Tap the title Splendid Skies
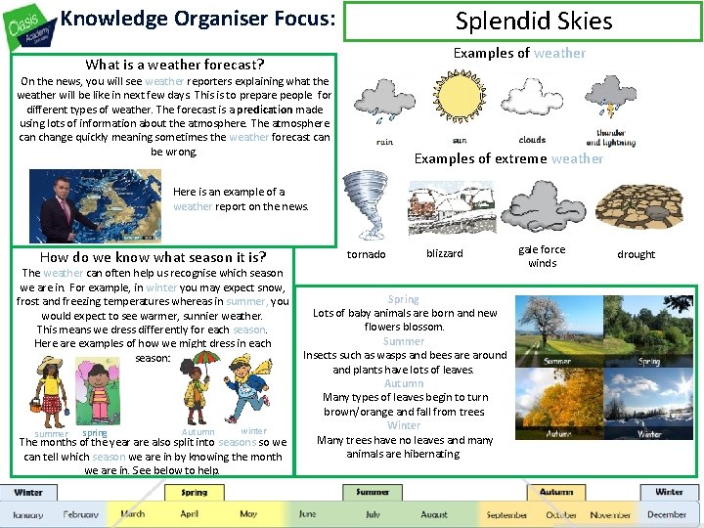pyautogui.click(x=533, y=22)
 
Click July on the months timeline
pyautogui.click(x=373, y=514)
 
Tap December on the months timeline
pyautogui.click(x=666, y=514)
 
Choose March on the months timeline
pyautogui.click(x=132, y=514)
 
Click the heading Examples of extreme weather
pyautogui.click(x=508, y=158)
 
